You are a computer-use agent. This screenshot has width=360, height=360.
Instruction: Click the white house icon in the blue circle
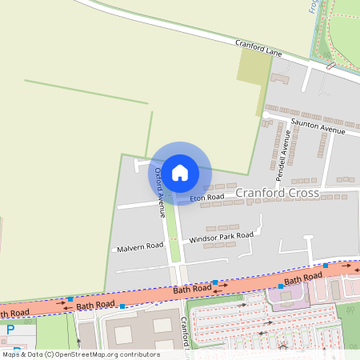(180, 172)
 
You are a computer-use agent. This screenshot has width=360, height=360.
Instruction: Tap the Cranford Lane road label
(258, 48)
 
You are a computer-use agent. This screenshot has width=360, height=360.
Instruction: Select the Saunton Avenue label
(318, 126)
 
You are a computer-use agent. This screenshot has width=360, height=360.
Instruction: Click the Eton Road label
(206, 196)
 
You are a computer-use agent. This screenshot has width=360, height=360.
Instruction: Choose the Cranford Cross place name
(277, 193)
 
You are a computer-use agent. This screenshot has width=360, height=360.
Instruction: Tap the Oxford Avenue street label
(159, 193)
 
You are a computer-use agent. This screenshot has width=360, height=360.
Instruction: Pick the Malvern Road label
(140, 247)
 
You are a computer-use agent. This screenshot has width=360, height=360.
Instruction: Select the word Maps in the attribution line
(12, 354)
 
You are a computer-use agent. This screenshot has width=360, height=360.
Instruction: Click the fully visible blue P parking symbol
(10, 330)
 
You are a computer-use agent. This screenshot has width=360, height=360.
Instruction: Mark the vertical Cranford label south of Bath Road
(185, 332)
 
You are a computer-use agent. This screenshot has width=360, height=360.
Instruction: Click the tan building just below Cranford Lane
(280, 78)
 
